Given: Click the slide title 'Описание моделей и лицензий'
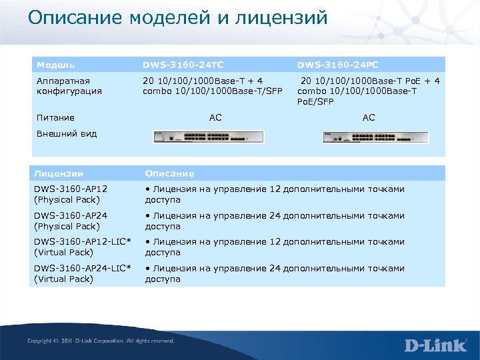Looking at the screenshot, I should pos(177,18).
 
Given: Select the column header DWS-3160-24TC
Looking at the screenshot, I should pos(183,65).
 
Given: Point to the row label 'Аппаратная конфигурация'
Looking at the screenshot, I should pos(68,86).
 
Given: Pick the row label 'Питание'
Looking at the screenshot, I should pos(55,118).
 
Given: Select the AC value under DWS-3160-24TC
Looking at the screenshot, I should pos(215,118).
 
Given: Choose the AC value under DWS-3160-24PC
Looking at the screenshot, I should pos(369,118).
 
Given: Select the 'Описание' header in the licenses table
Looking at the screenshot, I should pos(170,173).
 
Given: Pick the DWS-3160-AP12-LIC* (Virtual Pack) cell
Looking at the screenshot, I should pos(81,247).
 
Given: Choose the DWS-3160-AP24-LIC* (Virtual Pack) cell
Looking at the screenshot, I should pos(81,273).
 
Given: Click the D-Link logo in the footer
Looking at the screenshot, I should pos(434,345).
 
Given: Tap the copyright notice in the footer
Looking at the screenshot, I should pos(101,341).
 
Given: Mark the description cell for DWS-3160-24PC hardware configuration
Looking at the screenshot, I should pos(369,91).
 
